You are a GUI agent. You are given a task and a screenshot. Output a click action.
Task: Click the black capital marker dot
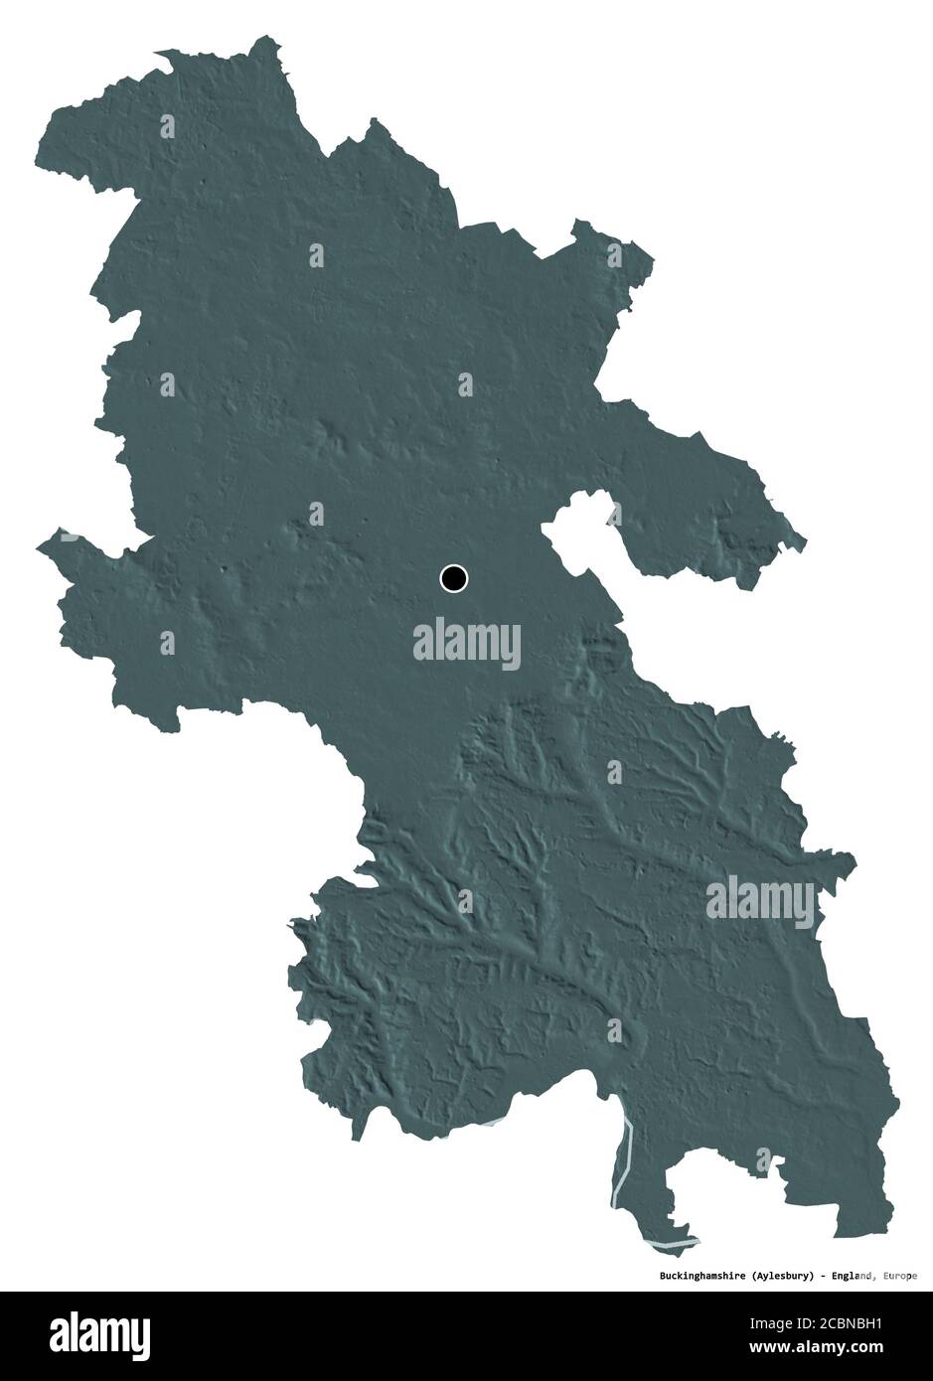[453, 577]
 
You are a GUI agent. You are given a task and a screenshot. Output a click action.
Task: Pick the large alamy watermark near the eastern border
[760, 901]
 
